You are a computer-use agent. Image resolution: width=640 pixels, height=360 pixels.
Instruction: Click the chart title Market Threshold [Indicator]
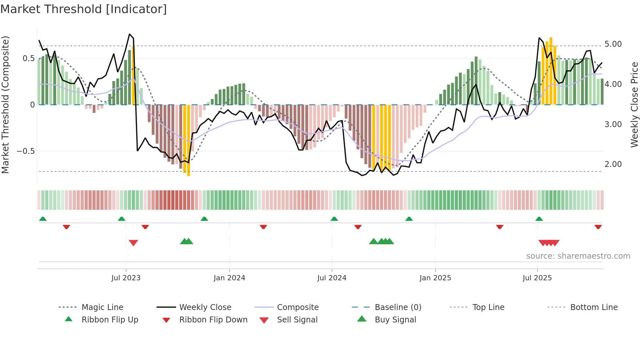click(84, 9)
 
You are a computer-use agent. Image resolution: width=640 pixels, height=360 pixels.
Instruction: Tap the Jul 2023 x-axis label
click(126, 278)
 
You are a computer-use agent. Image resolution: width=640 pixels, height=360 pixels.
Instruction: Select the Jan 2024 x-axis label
click(229, 278)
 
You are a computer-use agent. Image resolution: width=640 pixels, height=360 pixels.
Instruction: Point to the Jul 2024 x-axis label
click(332, 278)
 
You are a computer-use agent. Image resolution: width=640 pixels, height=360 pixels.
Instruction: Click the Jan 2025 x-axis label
click(435, 278)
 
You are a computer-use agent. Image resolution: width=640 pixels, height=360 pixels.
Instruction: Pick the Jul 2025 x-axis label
click(537, 278)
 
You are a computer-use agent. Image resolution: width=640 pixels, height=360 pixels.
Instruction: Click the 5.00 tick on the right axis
click(613, 44)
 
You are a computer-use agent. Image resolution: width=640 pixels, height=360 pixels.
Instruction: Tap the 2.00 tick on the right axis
click(613, 164)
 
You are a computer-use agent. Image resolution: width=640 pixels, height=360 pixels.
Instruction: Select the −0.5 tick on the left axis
click(25, 151)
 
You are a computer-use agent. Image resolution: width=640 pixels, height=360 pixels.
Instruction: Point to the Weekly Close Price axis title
click(634, 105)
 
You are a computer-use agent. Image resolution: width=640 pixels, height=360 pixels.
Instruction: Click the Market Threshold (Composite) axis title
click(5, 105)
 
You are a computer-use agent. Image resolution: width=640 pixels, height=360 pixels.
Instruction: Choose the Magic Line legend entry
click(102, 307)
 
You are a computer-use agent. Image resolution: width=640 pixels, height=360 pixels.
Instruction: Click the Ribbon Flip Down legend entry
click(213, 320)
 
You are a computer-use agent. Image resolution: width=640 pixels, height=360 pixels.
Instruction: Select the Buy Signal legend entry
click(395, 320)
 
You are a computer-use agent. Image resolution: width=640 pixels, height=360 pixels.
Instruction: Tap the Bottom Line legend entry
click(594, 307)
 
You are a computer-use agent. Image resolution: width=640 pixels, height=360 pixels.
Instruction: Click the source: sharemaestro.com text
click(578, 256)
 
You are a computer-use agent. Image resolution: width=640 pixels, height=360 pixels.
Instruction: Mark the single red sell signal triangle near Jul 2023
click(133, 243)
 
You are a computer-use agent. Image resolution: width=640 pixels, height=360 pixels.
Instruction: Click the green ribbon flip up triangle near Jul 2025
click(539, 219)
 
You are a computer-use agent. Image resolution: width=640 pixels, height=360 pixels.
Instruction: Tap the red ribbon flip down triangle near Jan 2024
click(264, 227)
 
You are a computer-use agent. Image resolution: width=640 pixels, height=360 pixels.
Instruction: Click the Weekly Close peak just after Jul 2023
click(130, 34)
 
